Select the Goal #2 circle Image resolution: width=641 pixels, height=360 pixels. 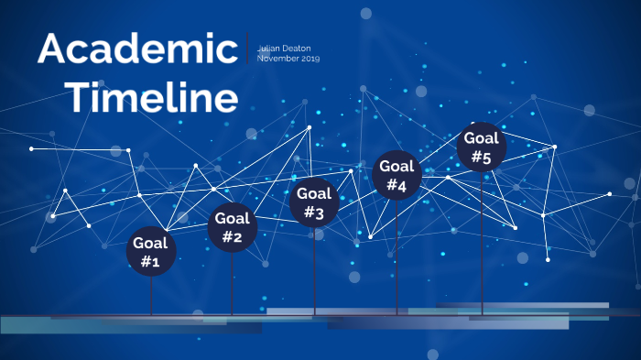pos(233,227)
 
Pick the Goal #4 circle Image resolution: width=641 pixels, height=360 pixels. pos(397,175)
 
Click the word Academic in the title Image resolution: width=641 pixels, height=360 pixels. pos(137,49)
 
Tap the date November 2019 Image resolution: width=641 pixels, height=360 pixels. pos(288,59)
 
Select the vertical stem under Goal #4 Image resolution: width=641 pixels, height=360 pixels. pos(397,256)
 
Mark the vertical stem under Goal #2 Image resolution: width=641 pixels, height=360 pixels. pos(233,284)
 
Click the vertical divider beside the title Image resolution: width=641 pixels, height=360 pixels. pos(247,48)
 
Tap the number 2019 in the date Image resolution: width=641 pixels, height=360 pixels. pos(309,59)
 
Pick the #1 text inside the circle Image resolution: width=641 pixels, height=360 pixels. pos(151,262)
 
